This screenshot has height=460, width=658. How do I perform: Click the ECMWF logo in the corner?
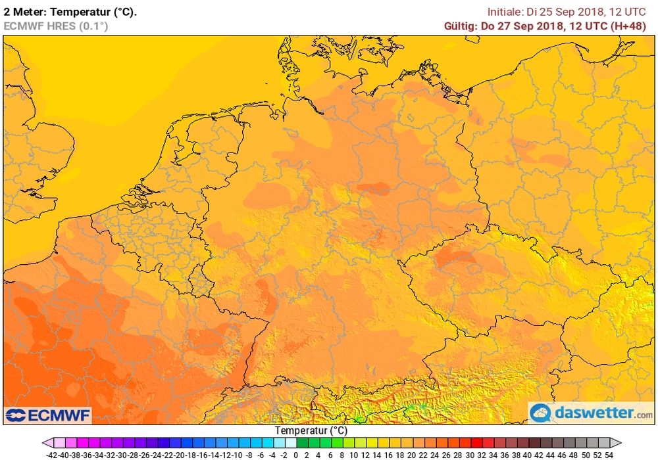47,415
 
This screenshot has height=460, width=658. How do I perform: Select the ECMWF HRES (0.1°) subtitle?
55,26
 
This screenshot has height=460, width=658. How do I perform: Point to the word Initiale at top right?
505,11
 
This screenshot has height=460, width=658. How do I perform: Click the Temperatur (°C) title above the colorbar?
311,431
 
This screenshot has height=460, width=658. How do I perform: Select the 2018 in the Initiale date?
588,11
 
